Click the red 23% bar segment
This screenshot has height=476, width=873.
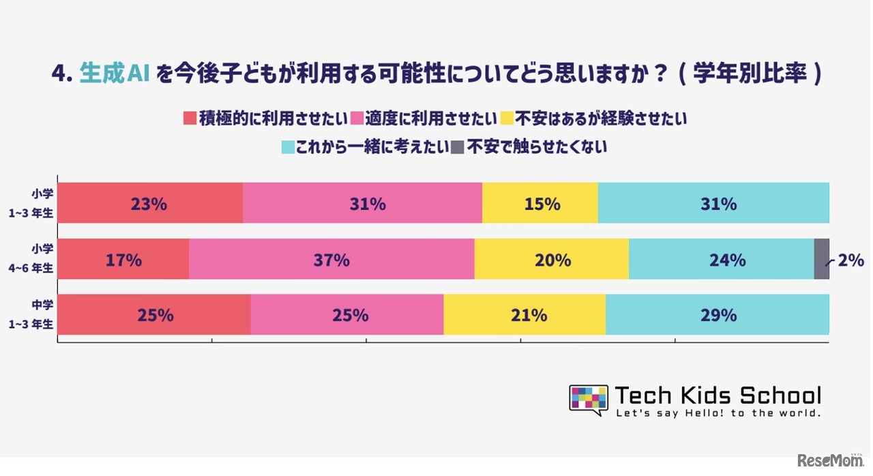pos(150,203)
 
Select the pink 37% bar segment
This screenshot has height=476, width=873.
pos(331,259)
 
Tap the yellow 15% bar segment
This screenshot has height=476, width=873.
pos(539,203)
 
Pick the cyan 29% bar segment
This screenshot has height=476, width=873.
pos(717,315)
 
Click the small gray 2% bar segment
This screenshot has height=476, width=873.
pos(821,259)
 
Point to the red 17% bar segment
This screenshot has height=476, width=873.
pos(123,259)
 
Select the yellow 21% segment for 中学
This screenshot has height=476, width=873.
pos(524,315)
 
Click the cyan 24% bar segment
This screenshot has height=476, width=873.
pos(721,259)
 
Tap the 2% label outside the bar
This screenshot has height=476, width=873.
pos(851,260)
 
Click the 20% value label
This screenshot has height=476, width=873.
pos(552,260)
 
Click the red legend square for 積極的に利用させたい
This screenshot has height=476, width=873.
pos(190,119)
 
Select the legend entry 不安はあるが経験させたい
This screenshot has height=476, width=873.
pos(600,119)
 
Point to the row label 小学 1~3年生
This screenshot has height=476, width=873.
pos(36,203)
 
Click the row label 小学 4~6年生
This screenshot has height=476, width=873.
pos(36,259)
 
